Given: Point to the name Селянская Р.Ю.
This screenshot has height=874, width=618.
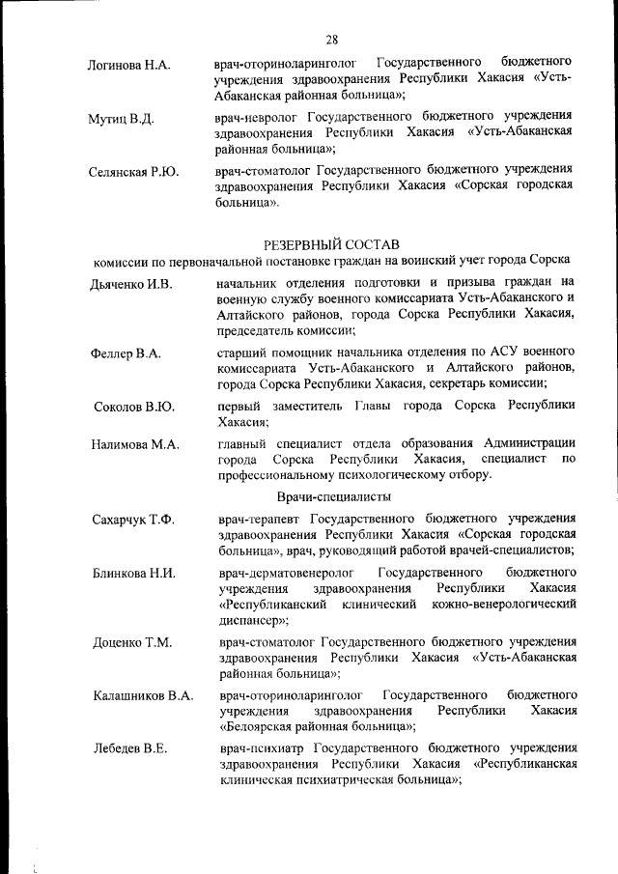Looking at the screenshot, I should [135, 172].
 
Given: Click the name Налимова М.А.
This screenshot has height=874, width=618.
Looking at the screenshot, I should [135, 444].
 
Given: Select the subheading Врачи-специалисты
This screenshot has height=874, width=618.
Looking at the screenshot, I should [333, 497].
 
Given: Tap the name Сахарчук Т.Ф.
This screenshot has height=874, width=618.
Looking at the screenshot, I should [133, 521].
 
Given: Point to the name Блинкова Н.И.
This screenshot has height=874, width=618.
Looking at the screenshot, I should [134, 574].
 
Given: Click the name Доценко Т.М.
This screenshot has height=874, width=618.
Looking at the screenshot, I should [131, 643].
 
